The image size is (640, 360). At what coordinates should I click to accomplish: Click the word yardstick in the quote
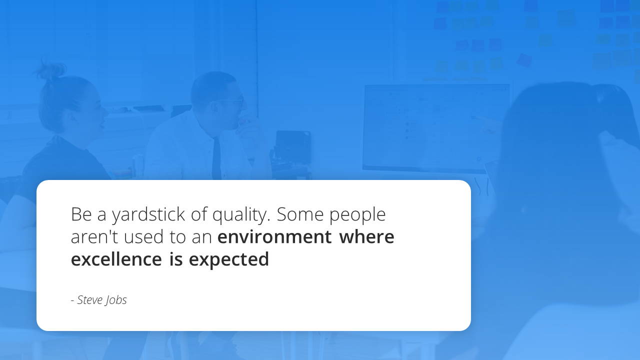[x=148, y=214]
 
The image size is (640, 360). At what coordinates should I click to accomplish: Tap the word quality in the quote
[x=241, y=214]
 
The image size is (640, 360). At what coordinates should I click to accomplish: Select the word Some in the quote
[x=300, y=214]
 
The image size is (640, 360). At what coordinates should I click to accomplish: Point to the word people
[x=357, y=214]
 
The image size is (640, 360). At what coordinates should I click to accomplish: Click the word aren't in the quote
[x=94, y=236]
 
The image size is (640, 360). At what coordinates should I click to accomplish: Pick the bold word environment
[x=274, y=237]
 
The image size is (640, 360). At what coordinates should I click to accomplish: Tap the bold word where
[x=367, y=236]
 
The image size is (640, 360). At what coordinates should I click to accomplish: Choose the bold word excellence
[x=116, y=259]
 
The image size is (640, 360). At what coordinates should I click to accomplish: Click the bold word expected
[x=229, y=259]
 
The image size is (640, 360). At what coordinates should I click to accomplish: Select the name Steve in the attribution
[x=90, y=300]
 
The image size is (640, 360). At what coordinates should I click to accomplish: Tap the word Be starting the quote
[x=81, y=214]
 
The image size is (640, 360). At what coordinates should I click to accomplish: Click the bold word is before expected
[x=176, y=259]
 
